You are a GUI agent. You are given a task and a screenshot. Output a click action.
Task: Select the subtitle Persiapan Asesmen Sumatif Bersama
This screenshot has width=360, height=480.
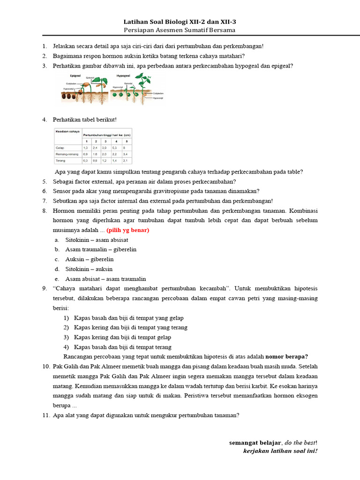[180, 30]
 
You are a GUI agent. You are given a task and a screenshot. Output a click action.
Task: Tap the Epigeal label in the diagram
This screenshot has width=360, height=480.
[77, 75]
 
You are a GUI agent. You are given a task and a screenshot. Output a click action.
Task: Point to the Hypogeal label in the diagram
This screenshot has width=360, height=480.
[123, 75]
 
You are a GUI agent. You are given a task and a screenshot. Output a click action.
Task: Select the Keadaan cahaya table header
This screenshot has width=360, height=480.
[67, 132]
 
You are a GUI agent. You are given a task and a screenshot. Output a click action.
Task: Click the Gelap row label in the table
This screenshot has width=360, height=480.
[60, 147]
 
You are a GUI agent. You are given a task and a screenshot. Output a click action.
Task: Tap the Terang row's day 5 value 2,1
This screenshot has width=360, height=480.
[125, 160]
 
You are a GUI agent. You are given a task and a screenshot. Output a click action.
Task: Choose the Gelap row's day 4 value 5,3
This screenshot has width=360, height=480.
[115, 147]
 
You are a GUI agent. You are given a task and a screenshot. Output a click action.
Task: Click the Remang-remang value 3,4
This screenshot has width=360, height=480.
[125, 154]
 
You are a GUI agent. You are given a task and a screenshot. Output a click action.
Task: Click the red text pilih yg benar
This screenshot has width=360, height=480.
[127, 230]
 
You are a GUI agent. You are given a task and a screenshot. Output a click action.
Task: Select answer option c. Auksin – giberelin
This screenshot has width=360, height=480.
[89, 259]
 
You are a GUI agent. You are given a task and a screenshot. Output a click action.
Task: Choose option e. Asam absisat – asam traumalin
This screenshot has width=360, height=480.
[105, 279]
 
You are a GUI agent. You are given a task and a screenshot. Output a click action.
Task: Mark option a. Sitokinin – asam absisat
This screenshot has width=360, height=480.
[97, 240]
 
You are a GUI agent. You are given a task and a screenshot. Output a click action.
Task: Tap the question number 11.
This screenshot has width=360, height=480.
[45, 415]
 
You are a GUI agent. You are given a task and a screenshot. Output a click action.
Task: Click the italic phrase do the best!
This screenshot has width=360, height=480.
[300, 442]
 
